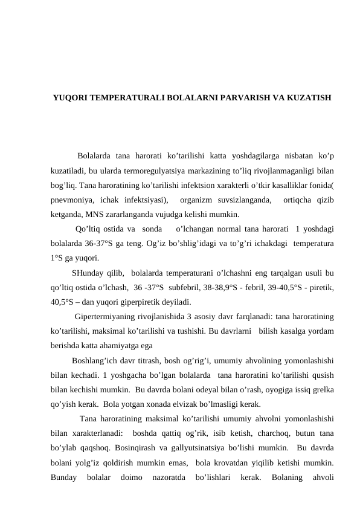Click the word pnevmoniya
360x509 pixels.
(71, 199)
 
